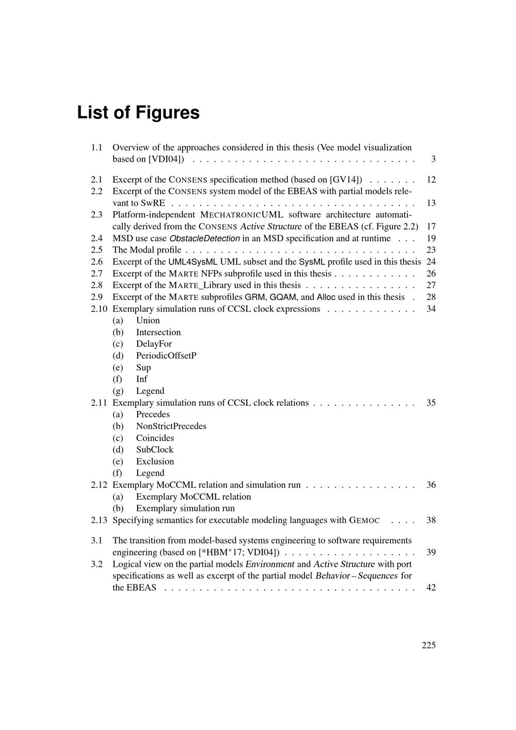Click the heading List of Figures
[138, 113]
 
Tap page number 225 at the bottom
[428, 645]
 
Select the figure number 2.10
[99, 309]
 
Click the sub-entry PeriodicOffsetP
[166, 356]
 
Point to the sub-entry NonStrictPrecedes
[171, 426]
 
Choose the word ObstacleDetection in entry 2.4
[204, 239]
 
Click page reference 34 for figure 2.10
[431, 309]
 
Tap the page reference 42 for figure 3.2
[431, 588]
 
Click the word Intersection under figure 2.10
[158, 332]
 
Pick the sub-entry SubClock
[154, 450]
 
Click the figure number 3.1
[96, 541]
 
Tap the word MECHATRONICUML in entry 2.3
[241, 215]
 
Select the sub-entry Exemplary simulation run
[185, 508]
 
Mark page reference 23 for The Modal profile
[431, 250]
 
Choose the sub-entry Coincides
[155, 438]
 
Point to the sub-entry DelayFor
[154, 344]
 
